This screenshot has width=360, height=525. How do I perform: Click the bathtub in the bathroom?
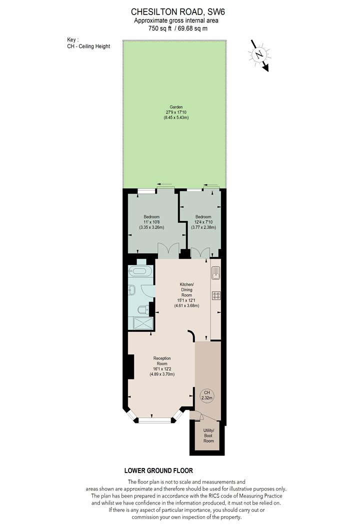[140, 270]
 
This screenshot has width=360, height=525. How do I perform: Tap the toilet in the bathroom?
[144, 309]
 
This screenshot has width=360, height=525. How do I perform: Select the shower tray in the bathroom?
[143, 323]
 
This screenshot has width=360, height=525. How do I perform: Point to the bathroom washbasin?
[131, 290]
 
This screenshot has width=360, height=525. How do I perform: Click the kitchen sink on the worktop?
[215, 272]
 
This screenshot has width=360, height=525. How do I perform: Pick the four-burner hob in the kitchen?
[216, 295]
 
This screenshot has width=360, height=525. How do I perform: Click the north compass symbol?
[259, 55]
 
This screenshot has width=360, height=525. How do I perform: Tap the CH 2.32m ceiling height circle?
[207, 395]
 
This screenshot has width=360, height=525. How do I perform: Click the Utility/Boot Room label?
[208, 435]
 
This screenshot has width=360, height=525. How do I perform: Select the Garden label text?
[176, 107]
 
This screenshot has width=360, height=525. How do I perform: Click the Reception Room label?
[162, 361]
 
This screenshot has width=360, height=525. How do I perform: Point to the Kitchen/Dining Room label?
[187, 290]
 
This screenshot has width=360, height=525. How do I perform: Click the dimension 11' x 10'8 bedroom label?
[151, 222]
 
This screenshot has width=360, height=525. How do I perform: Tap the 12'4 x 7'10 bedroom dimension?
[203, 222]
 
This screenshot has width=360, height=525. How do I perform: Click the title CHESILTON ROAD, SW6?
[178, 12]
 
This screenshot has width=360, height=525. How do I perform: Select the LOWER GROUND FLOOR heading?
[158, 470]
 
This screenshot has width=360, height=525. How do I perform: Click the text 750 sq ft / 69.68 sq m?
[178, 28]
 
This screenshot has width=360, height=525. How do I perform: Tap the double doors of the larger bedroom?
[169, 250]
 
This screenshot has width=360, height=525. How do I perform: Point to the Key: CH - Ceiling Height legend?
[88, 43]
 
